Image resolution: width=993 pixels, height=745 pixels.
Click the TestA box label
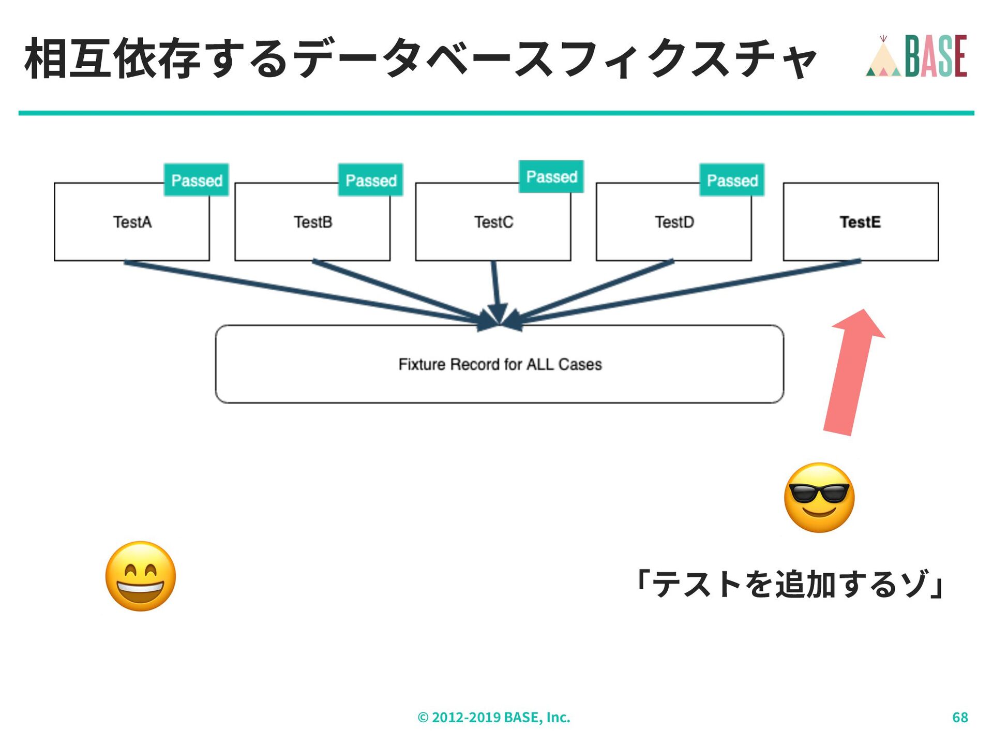click(x=132, y=222)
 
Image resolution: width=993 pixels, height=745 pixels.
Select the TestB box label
click(x=313, y=222)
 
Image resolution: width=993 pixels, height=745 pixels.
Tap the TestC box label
click(x=494, y=222)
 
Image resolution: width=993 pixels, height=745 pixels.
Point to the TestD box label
click(x=674, y=222)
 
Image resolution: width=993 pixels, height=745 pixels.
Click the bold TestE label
click(x=860, y=222)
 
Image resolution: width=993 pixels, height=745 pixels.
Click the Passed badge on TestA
click(x=197, y=181)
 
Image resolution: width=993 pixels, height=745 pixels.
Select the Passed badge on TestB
click(x=371, y=181)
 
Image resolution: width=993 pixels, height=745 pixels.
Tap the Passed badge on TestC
click(x=551, y=177)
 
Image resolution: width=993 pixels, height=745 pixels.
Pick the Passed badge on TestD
click(x=732, y=181)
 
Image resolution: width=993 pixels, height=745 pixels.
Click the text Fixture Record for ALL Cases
click(x=500, y=364)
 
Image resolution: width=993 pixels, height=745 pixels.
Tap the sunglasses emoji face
click(x=819, y=497)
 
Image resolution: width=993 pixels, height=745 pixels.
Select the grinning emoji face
click(x=141, y=576)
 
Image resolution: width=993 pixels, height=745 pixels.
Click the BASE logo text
click(x=936, y=56)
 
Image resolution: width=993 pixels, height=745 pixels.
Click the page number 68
click(x=960, y=717)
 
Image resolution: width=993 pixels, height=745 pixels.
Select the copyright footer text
click(x=494, y=717)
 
